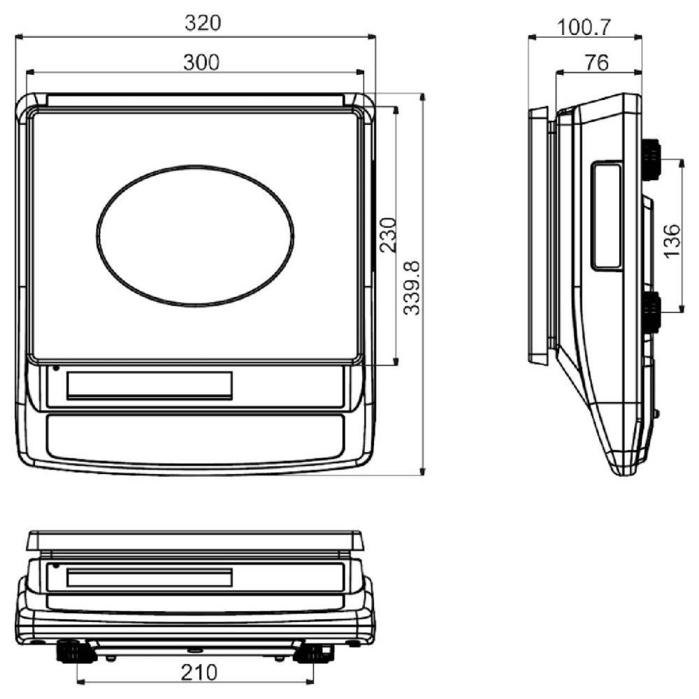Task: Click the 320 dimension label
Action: (x=203, y=23)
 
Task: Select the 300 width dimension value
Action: (x=201, y=62)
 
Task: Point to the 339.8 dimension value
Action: (x=412, y=287)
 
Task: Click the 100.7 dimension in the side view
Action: (x=584, y=27)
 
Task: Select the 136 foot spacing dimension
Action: (x=671, y=241)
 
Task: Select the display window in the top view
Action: (x=150, y=385)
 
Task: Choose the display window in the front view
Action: (x=150, y=579)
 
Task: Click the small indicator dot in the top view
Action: (x=56, y=368)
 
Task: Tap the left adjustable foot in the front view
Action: (x=75, y=651)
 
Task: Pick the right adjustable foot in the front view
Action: (x=312, y=653)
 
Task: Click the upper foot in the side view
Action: (x=651, y=159)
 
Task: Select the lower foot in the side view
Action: (x=651, y=312)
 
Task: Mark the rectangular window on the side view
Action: (x=607, y=215)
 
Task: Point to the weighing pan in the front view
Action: (x=196, y=540)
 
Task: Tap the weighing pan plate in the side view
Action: (x=538, y=236)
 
